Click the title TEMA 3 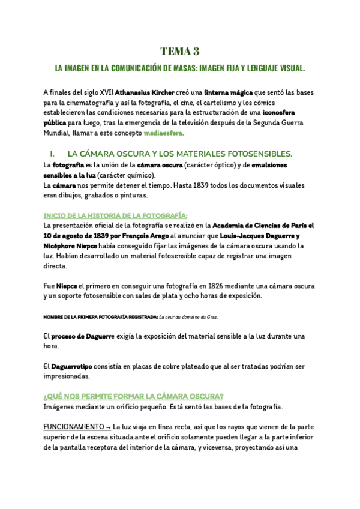[179, 52]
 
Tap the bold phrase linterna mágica [228, 93]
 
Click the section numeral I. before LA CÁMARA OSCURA [53, 154]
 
